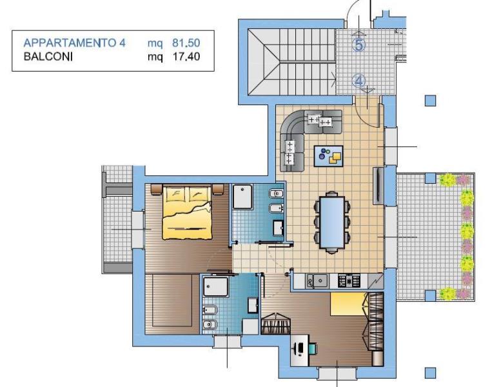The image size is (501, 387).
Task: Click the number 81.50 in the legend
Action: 186,43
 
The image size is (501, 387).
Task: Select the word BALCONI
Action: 48,57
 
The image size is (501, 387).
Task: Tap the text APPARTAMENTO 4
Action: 75,43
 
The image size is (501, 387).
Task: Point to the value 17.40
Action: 186,57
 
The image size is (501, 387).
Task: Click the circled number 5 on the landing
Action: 359,45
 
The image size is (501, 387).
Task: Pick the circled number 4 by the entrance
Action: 359,81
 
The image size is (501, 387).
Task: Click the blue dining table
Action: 332,222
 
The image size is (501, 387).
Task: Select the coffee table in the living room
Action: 328,156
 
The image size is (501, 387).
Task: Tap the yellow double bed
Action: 187,212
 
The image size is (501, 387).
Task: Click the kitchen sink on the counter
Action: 317,281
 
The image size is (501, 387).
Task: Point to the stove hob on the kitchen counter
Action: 349,281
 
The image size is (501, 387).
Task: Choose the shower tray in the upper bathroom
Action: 242,197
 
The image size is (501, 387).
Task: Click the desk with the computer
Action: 300,350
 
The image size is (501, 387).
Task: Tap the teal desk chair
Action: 313,349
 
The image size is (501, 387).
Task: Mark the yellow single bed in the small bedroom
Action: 348,304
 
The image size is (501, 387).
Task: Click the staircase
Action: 292,62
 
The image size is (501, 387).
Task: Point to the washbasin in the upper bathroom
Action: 278,228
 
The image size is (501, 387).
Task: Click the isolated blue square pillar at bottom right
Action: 430,373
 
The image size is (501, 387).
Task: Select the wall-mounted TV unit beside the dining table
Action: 378,186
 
